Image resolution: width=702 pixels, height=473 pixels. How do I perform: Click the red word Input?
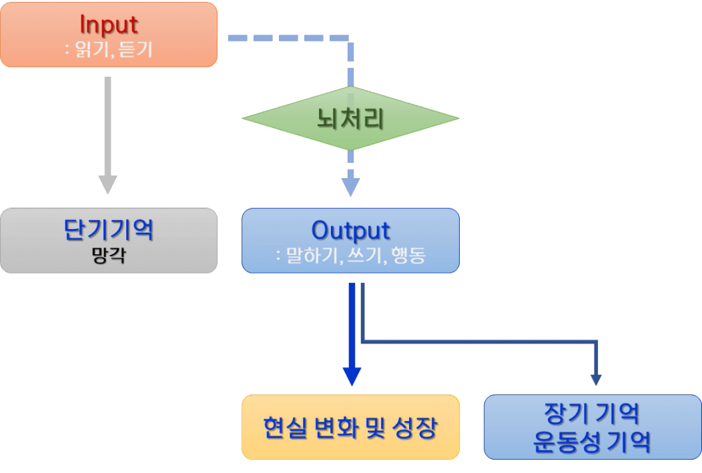tap(109, 25)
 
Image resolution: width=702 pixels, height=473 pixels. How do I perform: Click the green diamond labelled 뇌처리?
tap(350, 119)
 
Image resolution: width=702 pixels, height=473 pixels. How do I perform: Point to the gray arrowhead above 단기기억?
tap(107, 185)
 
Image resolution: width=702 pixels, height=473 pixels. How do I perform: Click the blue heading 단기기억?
tap(109, 230)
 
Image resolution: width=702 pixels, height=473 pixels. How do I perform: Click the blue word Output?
tap(350, 230)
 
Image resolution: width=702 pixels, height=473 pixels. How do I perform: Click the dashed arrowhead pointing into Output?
tap(350, 187)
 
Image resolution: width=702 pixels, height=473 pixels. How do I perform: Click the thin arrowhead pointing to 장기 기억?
tap(596, 379)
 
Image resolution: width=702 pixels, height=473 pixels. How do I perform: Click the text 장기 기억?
tap(592, 414)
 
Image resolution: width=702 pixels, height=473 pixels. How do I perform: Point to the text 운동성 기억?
tap(592, 442)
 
